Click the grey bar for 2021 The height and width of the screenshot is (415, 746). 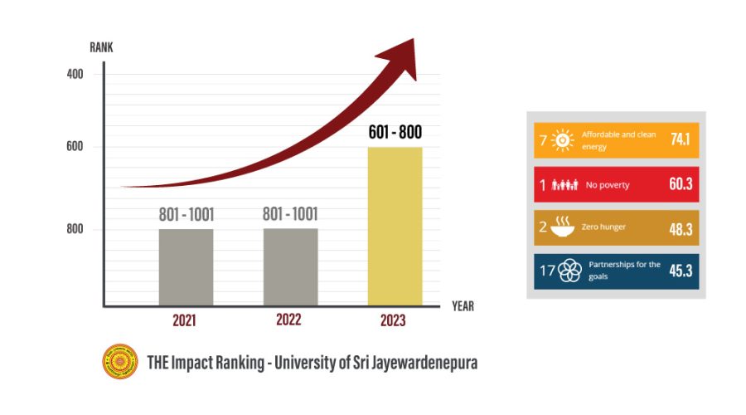(186, 266)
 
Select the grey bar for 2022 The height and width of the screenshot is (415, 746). (290, 266)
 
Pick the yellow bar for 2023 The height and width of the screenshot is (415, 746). (395, 226)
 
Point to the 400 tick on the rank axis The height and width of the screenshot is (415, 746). (75, 74)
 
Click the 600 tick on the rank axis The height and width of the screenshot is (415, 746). (75, 147)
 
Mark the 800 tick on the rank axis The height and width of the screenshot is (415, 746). (75, 228)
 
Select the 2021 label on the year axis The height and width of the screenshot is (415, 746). (185, 320)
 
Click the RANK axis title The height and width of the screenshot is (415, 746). (101, 47)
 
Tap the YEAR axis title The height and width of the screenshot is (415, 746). (463, 305)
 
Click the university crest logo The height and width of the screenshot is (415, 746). (119, 361)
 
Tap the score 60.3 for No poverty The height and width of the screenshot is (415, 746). (680, 184)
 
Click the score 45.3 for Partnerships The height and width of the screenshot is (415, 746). (680, 271)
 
